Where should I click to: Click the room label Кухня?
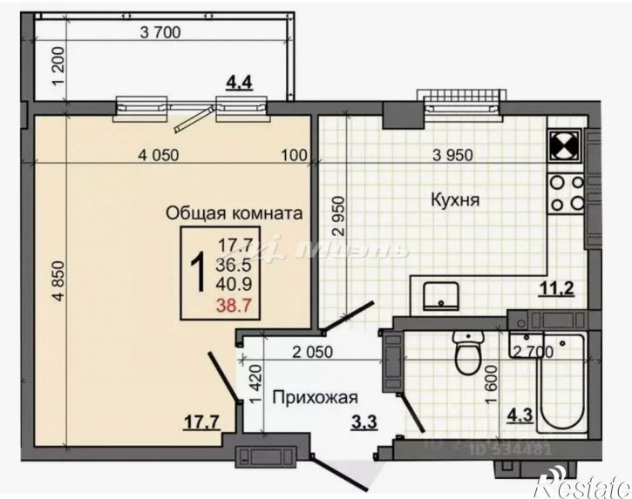(x=457, y=199)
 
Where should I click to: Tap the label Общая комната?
(x=234, y=212)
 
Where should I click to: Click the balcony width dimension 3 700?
(x=159, y=34)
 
